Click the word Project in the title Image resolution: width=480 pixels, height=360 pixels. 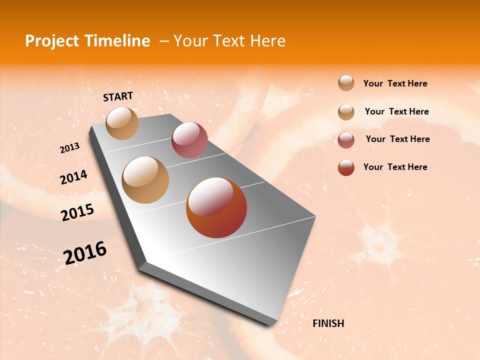coord(52,41)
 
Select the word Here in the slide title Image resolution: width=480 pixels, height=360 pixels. coord(267,41)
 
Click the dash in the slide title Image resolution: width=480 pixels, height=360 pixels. coord(163,41)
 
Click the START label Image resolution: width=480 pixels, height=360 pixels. coord(118,96)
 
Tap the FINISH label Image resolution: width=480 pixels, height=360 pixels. coord(328,323)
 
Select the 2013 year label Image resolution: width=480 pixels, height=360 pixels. coord(69,148)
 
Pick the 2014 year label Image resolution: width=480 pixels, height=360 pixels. coord(73,177)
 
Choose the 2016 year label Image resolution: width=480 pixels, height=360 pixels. coord(85,252)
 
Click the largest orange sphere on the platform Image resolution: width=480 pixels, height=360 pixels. coord(216,207)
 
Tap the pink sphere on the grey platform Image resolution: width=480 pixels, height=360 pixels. coord(189,140)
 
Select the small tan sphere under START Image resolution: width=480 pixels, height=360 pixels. coord(122,123)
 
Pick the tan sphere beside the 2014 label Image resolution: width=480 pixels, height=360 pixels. coord(145,179)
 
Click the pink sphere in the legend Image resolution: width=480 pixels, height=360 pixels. coord(346,140)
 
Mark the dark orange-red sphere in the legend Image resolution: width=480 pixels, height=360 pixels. coord(346,167)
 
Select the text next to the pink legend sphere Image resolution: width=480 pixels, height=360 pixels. coord(397,139)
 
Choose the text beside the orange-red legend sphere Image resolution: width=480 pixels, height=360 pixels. coord(395,167)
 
